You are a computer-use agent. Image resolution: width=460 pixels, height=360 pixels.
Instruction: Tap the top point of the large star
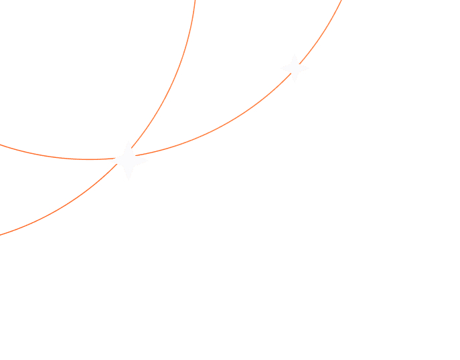click(129, 141)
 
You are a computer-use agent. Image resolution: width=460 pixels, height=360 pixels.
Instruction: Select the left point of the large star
click(108, 161)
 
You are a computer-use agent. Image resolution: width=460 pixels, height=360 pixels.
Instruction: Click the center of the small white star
click(295, 68)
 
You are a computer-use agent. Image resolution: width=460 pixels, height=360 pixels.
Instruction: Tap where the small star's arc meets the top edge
click(341, 1)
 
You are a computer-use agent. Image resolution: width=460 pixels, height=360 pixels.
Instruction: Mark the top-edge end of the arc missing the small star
click(195, 1)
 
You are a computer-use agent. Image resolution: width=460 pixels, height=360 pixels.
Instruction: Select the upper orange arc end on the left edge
click(1, 145)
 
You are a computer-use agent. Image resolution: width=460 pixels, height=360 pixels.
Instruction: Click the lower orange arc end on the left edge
click(1, 234)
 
